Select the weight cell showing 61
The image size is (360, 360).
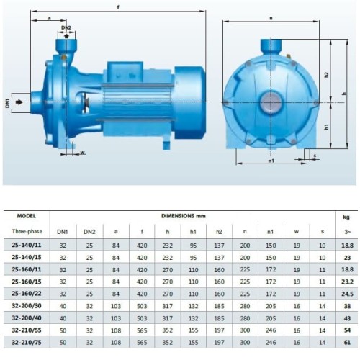[x=348, y=343]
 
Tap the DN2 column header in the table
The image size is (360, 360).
[x=89, y=231]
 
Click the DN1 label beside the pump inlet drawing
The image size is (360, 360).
[x=8, y=103]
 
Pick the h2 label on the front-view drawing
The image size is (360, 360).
[x=325, y=75]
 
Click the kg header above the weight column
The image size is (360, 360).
[x=348, y=216]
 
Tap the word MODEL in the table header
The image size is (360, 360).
[x=25, y=216]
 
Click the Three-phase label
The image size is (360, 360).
[x=25, y=231]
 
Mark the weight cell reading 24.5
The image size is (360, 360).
[x=348, y=294]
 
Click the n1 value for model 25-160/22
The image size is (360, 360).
[x=271, y=294]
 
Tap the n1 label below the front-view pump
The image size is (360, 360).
[x=271, y=162]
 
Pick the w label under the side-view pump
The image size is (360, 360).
[x=83, y=153]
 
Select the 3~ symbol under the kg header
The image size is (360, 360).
[x=348, y=231]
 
